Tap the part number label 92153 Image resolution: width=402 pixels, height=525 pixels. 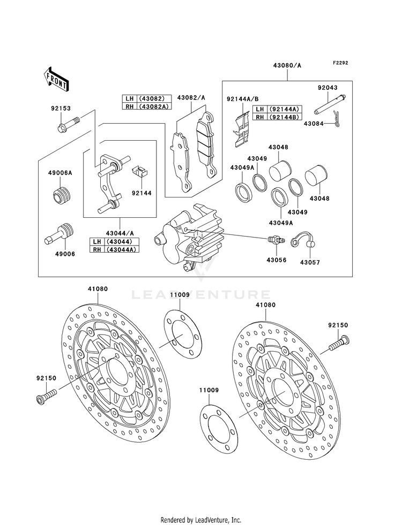coord(62,108)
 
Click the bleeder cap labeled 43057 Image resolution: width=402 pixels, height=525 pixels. coord(304,241)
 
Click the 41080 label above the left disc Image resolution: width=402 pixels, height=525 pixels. coord(99,289)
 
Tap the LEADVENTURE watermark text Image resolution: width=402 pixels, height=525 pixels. coord(201,294)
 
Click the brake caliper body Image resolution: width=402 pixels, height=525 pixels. coord(188,235)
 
